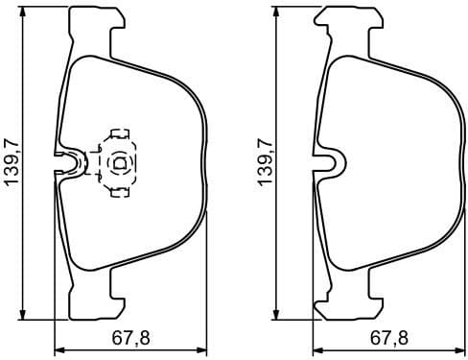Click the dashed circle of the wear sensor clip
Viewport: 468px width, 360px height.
click(119, 162)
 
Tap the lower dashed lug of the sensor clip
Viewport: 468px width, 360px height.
click(121, 190)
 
